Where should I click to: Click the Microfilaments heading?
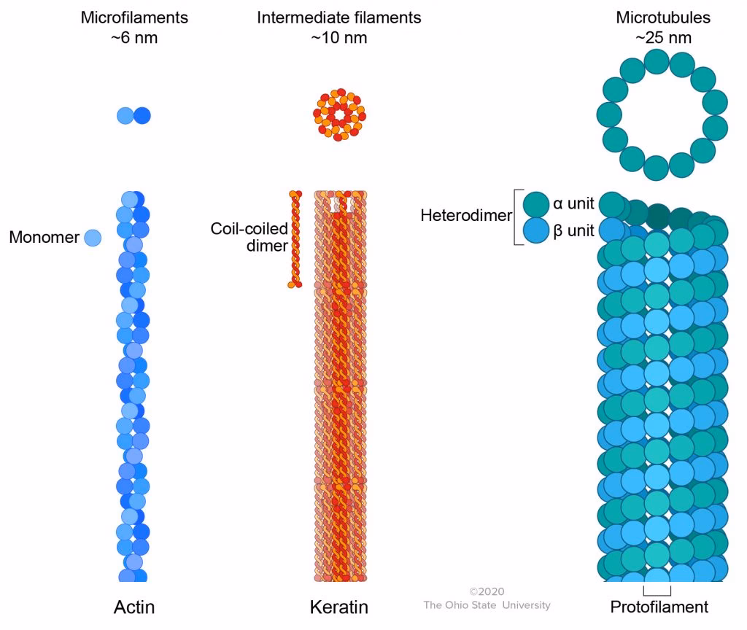tap(134, 17)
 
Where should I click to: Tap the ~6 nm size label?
tap(134, 38)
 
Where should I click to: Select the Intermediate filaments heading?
tap(339, 17)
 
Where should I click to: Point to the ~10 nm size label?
tap(339, 38)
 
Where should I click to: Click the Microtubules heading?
tap(654, 17)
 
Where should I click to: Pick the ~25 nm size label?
tap(654, 38)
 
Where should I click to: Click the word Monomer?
tap(44, 237)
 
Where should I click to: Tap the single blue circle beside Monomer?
tap(93, 237)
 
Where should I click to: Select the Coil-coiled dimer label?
tap(249, 238)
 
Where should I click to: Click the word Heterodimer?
tap(466, 216)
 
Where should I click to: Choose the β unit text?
tap(574, 231)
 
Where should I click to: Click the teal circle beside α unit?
tap(536, 203)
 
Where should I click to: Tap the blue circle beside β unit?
tap(536, 231)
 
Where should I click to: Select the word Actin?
tap(134, 607)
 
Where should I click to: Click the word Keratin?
tap(339, 607)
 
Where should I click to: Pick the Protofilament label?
tap(659, 607)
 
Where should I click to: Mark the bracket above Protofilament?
tap(657, 590)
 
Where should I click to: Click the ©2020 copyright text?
tap(487, 591)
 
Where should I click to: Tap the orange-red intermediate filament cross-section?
tap(339, 115)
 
